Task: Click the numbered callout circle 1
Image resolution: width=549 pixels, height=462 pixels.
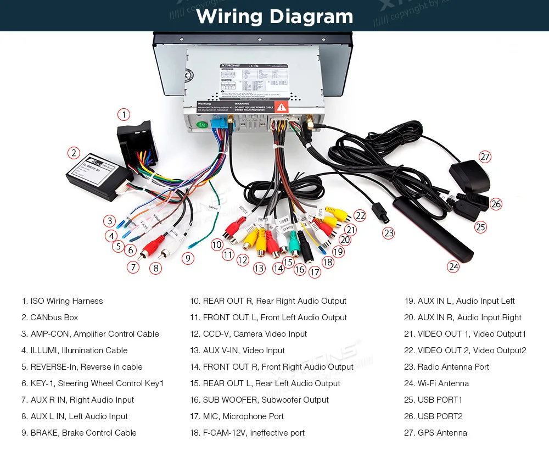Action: pyautogui.click(x=124, y=114)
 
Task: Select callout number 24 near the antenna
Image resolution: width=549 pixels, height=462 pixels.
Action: pyautogui.click(x=453, y=267)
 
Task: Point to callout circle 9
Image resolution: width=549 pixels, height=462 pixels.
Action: pyautogui.click(x=188, y=258)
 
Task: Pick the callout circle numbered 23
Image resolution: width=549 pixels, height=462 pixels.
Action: pyautogui.click(x=389, y=233)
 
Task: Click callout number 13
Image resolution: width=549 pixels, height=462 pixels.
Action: pyautogui.click(x=259, y=268)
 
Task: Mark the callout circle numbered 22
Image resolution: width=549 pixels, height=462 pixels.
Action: pyautogui.click(x=360, y=215)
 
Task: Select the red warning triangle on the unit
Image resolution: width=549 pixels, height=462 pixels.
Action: pyautogui.click(x=281, y=107)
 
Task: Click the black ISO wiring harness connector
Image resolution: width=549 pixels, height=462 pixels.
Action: pyautogui.click(x=137, y=144)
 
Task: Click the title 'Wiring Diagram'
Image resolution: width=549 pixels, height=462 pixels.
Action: pyautogui.click(x=274, y=16)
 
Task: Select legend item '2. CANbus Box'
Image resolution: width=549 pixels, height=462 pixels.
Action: pyautogui.click(x=50, y=318)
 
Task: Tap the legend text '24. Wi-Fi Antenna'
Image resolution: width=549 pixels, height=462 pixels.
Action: pyautogui.click(x=436, y=383)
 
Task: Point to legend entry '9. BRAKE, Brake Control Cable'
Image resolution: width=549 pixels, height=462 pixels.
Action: pyautogui.click(x=79, y=433)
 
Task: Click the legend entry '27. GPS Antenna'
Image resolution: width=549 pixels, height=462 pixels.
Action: pyautogui.click(x=435, y=433)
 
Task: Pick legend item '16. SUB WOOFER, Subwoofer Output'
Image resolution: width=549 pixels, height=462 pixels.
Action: pyautogui.click(x=259, y=400)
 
